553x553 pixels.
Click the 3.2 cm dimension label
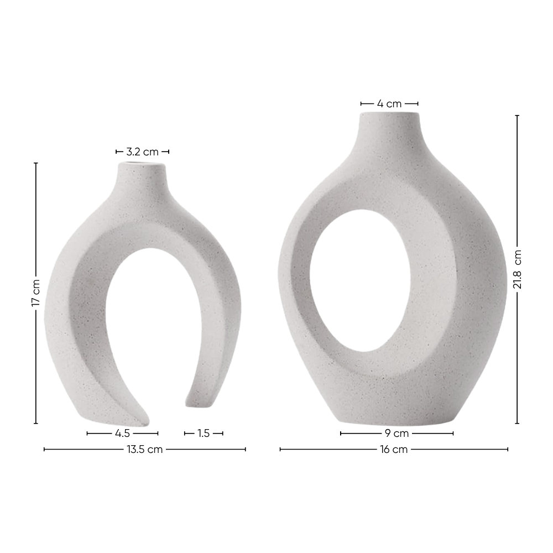[142, 152]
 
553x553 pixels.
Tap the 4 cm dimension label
[389, 103]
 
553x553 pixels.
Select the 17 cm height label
[36, 293]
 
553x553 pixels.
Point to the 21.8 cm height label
[517, 269]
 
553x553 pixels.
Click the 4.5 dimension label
[123, 434]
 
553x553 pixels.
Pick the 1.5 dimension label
[204, 434]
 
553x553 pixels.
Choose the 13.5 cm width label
[144, 450]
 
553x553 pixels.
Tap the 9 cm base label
[397, 434]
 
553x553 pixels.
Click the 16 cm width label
[394, 450]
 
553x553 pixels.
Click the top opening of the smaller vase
[142, 164]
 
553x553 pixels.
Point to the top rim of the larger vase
[389, 114]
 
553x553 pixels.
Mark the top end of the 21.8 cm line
[517, 116]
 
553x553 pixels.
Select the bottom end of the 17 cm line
[36, 424]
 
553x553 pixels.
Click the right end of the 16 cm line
[508, 450]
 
